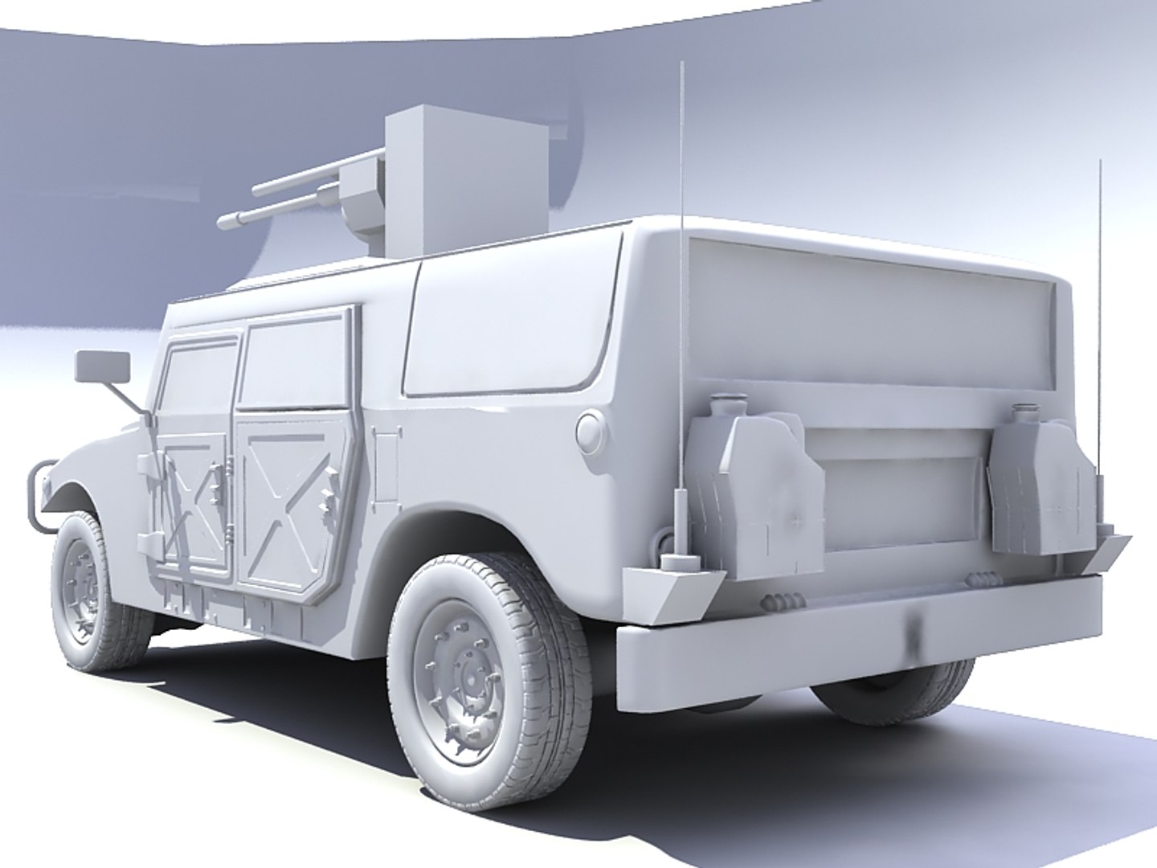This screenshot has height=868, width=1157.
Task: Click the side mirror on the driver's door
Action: tap(102, 367)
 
